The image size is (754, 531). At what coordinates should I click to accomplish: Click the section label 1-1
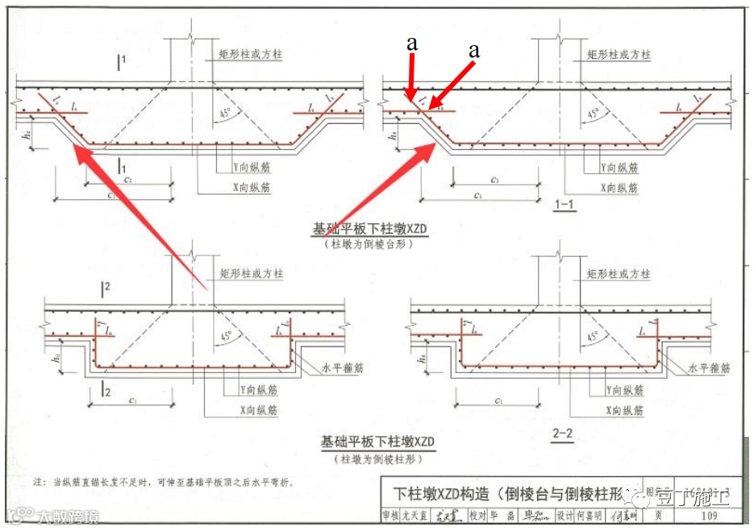[564, 205]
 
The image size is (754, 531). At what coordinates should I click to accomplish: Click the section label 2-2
[562, 435]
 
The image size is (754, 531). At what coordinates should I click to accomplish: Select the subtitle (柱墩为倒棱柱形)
[377, 458]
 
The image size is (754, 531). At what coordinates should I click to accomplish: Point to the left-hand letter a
[412, 45]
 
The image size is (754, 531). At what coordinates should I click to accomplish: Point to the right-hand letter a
[474, 50]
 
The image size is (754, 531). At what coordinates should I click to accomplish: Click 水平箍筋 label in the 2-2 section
[709, 368]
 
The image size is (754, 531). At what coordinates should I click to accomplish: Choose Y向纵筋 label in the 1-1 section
[619, 168]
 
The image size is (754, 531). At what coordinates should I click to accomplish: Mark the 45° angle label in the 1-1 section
[594, 114]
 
